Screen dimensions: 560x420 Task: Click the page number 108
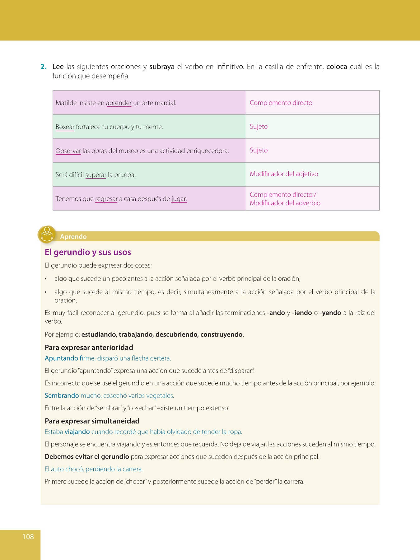pyautogui.click(x=28, y=537)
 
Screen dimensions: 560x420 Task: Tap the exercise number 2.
pyautogui.click(x=43, y=67)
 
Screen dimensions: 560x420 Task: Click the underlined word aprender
pyautogui.click(x=119, y=103)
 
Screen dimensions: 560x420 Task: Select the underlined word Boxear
pyautogui.click(x=65, y=127)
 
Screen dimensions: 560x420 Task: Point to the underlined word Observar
pyautogui.click(x=68, y=151)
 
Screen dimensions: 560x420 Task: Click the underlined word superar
pyautogui.click(x=96, y=175)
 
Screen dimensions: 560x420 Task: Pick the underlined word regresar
pyautogui.click(x=106, y=199)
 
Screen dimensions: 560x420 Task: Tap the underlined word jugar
pyautogui.click(x=179, y=199)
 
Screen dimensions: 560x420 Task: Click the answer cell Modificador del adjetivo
pyautogui.click(x=284, y=174)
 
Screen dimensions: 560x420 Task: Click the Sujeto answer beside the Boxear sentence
pyautogui.click(x=259, y=127)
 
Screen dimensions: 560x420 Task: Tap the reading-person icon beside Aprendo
pyautogui.click(x=47, y=234)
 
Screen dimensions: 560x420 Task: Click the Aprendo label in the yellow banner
pyautogui.click(x=73, y=237)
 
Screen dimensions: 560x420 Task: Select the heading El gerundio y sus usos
pyautogui.click(x=88, y=252)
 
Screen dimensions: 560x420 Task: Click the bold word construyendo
pyautogui.click(x=222, y=334)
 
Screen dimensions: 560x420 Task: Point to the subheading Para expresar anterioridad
pyautogui.click(x=89, y=348)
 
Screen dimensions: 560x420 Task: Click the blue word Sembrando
pyautogui.click(x=62, y=395)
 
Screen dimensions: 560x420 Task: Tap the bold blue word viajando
pyautogui.click(x=77, y=432)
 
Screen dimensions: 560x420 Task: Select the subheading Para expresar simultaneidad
pyautogui.click(x=92, y=421)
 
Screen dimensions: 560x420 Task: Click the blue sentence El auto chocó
pyautogui.click(x=94, y=469)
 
